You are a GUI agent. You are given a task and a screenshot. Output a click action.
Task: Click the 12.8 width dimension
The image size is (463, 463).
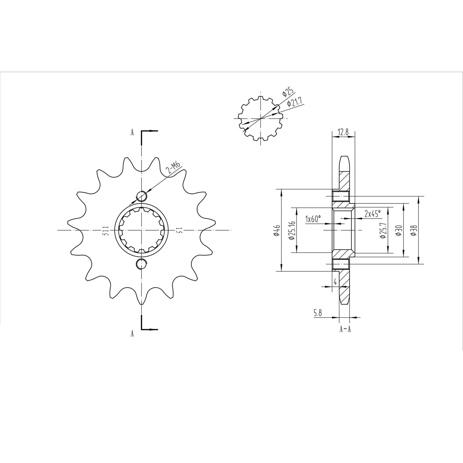click(343, 133)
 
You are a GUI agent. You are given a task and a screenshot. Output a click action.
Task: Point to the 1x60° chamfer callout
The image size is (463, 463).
click(313, 219)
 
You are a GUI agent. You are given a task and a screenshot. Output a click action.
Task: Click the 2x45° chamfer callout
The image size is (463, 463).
click(373, 214)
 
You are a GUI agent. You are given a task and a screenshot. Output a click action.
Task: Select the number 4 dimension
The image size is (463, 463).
click(335, 282)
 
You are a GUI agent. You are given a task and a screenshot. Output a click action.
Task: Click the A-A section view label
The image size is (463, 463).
click(345, 329)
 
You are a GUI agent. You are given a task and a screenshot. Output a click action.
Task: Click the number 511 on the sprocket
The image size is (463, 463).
click(106, 231)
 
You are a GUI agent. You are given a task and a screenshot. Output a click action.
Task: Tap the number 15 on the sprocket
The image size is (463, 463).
click(178, 231)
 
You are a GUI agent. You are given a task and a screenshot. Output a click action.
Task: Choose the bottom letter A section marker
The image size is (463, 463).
click(132, 334)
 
